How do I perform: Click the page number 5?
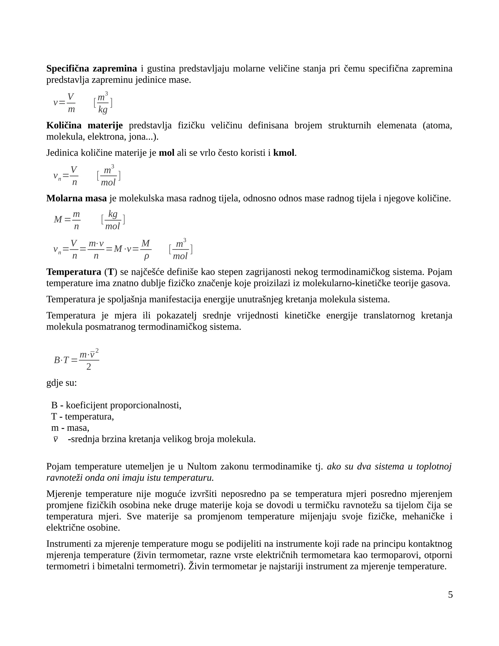pyautogui.click(x=450, y=595)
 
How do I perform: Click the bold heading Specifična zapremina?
pyautogui.click(x=92, y=69)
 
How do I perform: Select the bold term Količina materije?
pyautogui.click(x=85, y=125)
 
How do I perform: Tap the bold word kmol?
pyautogui.click(x=284, y=153)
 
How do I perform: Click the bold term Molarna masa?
pyautogui.click(x=76, y=198)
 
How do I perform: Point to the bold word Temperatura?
pyautogui.click(x=74, y=272)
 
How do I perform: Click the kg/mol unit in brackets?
pyautogui.click(x=113, y=219)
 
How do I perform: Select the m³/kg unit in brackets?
pyautogui.click(x=103, y=103)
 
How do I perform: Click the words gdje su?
pyautogui.click(x=61, y=383)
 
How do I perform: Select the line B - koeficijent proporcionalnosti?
pyautogui.click(x=116, y=405)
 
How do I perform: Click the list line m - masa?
pyautogui.click(x=70, y=428)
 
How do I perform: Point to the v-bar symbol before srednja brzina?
pyautogui.click(x=55, y=439)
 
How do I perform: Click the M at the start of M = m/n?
pyautogui.click(x=58, y=219)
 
